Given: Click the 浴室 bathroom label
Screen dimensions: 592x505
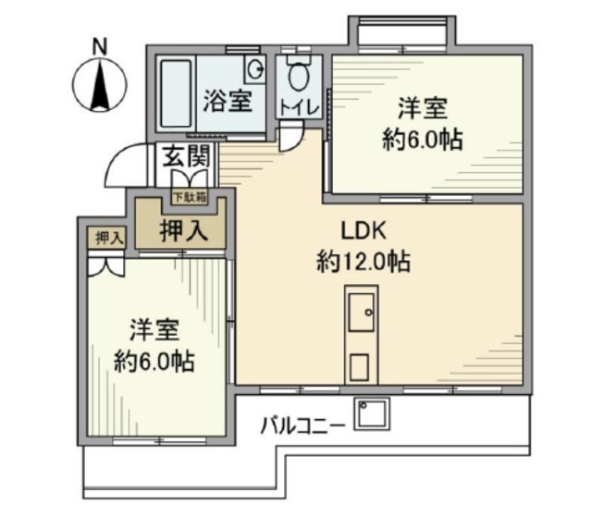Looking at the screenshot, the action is tap(227, 101).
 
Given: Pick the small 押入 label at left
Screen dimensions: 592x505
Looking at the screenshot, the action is tap(108, 238).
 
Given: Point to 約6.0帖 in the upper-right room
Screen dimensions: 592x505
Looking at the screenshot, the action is tap(423, 142).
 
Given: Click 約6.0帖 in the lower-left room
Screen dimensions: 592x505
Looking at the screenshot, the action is tap(154, 362).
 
